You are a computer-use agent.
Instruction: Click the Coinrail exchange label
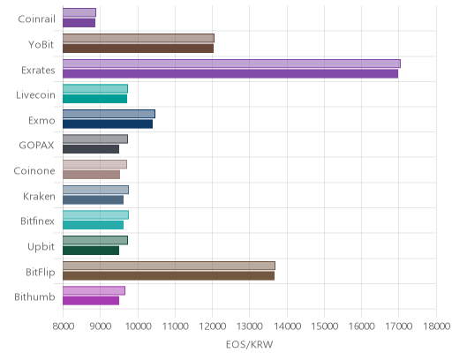(36, 19)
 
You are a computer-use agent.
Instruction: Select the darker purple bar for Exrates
(230, 74)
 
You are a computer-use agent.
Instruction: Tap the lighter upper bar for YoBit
(139, 38)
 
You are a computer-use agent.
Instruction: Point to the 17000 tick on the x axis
(398, 326)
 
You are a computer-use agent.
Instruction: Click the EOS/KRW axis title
(249, 344)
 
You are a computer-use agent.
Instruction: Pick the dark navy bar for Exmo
(108, 124)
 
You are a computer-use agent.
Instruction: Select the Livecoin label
(35, 95)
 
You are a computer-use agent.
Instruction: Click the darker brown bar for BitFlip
(169, 276)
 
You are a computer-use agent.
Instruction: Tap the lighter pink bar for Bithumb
(94, 290)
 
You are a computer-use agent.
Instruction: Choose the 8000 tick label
(64, 326)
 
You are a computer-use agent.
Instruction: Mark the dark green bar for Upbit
(91, 251)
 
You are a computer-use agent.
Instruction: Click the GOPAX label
(36, 146)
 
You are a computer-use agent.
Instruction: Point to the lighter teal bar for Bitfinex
(95, 215)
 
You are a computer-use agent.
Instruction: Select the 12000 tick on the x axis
(212, 326)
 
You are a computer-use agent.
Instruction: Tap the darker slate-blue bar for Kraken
(93, 200)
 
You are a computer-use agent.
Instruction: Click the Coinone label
(34, 171)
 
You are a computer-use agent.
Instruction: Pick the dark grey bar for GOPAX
(91, 149)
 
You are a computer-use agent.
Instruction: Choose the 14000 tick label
(287, 326)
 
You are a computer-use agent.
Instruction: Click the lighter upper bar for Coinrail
(79, 12)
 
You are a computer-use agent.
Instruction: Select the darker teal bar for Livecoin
(94, 99)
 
